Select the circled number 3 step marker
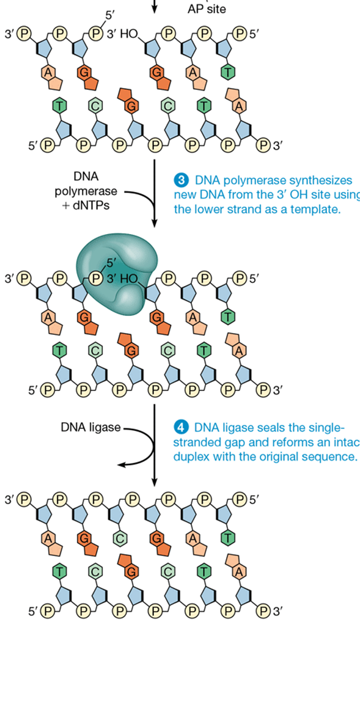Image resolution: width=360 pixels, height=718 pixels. click(x=181, y=180)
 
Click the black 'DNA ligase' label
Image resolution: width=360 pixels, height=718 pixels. click(x=90, y=427)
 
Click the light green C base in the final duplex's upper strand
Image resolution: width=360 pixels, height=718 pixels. click(x=120, y=538)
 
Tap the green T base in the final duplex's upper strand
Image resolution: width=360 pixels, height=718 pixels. click(x=228, y=538)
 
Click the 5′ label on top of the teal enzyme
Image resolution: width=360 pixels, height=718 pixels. click(x=111, y=263)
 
